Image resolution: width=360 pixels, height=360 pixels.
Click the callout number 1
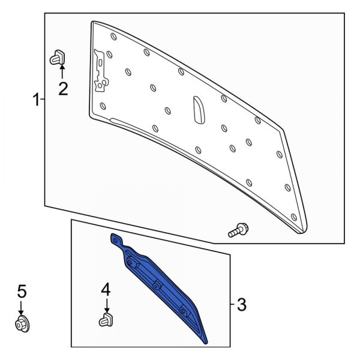(x=36, y=100)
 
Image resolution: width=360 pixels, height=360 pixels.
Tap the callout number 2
(x=63, y=89)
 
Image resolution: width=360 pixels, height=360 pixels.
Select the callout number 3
(x=242, y=305)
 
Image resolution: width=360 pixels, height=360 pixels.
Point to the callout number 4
(x=106, y=289)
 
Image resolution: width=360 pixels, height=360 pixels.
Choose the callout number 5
(x=22, y=292)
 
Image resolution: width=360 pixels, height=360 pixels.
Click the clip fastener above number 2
(x=58, y=57)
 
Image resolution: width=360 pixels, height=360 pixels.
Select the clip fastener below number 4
(x=106, y=320)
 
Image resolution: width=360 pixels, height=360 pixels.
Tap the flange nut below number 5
(x=23, y=324)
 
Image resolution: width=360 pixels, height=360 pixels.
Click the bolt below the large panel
(x=238, y=230)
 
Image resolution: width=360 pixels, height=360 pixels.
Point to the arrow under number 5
(x=21, y=308)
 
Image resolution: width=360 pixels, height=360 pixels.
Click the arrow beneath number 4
(x=107, y=305)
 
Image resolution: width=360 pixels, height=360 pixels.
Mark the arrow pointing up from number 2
(x=62, y=72)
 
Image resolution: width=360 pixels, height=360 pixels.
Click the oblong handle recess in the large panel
(x=199, y=110)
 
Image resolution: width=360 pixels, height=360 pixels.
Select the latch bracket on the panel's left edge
(x=101, y=71)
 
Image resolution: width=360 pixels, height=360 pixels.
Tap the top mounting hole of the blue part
(x=115, y=241)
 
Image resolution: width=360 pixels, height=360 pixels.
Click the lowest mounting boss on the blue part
(x=183, y=311)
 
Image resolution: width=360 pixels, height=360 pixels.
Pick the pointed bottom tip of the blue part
(x=206, y=343)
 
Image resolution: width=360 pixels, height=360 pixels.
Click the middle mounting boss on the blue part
(x=157, y=286)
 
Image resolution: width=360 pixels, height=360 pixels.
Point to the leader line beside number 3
(x=232, y=305)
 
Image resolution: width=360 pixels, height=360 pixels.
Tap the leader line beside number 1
(x=43, y=99)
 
